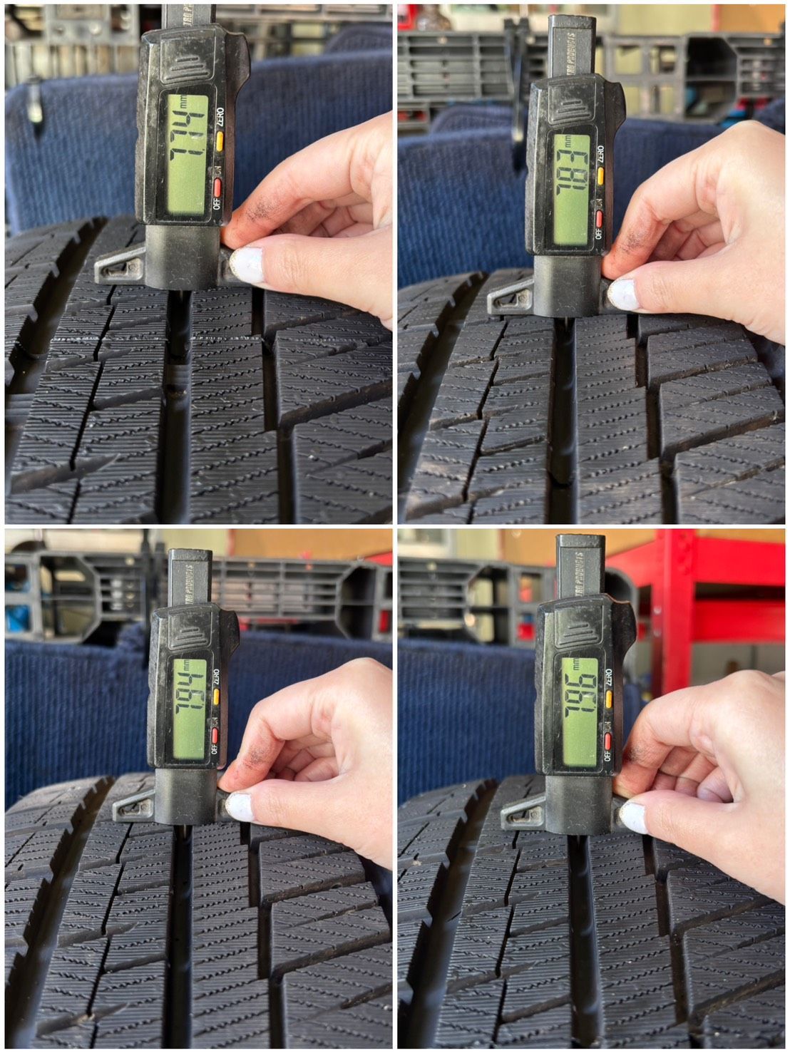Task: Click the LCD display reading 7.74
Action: coord(188,155)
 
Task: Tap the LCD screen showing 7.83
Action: coord(572,188)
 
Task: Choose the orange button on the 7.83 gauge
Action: coord(601,175)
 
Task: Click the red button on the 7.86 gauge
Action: coord(607,741)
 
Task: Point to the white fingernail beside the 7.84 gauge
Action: coord(239,806)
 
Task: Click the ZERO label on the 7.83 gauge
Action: coord(601,153)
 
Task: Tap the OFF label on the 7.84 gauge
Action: coord(214,748)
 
